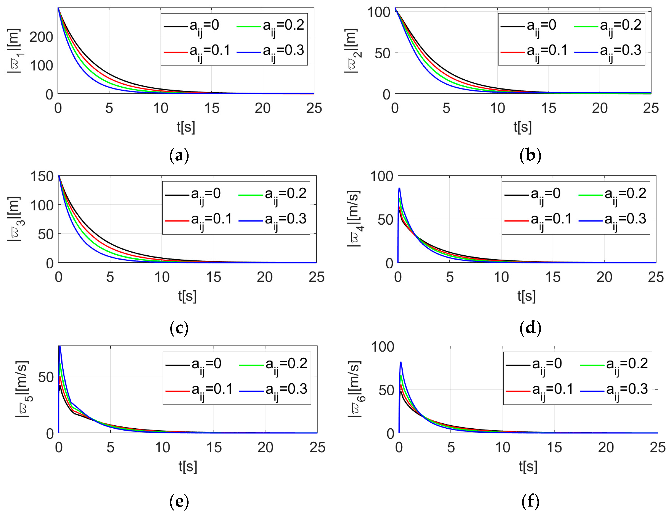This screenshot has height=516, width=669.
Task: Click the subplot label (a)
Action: coord(179,155)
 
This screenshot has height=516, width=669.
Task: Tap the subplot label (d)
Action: coord(530,328)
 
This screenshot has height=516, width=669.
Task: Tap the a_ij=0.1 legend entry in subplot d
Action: coord(538,221)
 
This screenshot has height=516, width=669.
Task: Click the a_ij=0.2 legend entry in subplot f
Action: coord(614,365)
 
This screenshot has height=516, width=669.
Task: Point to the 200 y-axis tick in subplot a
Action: coord(41,37)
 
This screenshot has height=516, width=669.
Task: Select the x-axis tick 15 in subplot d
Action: coord(553,277)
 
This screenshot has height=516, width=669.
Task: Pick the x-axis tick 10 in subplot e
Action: coord(162,448)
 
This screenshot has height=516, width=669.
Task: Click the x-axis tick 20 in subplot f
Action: coord(606,448)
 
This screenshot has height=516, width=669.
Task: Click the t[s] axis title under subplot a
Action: coord(186,127)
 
